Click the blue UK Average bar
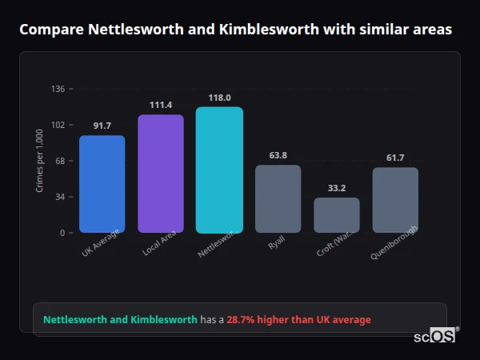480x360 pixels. pos(102,184)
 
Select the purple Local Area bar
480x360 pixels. pos(161,174)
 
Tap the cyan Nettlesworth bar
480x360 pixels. pos(219,170)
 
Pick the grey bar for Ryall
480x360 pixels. pos(278,198)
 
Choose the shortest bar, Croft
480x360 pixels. pos(337,215)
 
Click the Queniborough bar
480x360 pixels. pos(395,200)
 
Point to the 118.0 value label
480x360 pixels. pos(219,98)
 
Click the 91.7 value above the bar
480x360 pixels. pos(102,126)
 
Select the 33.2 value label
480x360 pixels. pos(337,188)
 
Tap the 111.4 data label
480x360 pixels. pos(161,105)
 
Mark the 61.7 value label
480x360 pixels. pos(395,158)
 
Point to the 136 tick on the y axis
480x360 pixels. pos(58,89)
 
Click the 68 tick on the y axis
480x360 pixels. pos(60,161)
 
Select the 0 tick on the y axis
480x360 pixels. pos(62,233)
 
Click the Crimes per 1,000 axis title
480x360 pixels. pos(40,161)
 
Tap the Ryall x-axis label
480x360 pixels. pos(277,243)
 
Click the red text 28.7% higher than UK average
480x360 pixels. pos(298,320)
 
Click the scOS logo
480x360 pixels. pos(434,337)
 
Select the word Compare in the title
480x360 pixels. pos(50,30)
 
